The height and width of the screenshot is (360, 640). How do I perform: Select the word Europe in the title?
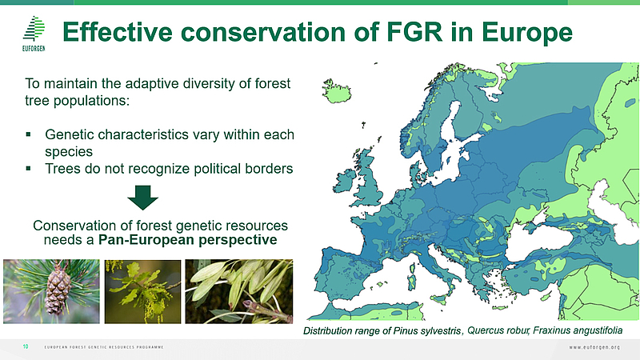527,33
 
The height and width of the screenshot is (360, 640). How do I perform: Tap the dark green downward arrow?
143,198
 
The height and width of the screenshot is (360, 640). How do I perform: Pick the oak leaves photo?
142,292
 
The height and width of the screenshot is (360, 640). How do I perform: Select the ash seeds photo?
238,292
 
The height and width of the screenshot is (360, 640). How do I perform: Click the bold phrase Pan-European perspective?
188,239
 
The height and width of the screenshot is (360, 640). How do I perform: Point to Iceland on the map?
336,91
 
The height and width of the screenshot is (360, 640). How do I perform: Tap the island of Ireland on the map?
346,182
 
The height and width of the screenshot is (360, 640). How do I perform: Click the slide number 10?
26,346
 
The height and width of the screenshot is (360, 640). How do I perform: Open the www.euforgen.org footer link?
594,347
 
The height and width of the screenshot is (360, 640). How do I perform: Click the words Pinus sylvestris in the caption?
427,330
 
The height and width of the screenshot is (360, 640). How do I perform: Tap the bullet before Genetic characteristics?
28,134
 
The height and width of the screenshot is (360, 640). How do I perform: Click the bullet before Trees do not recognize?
28,168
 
